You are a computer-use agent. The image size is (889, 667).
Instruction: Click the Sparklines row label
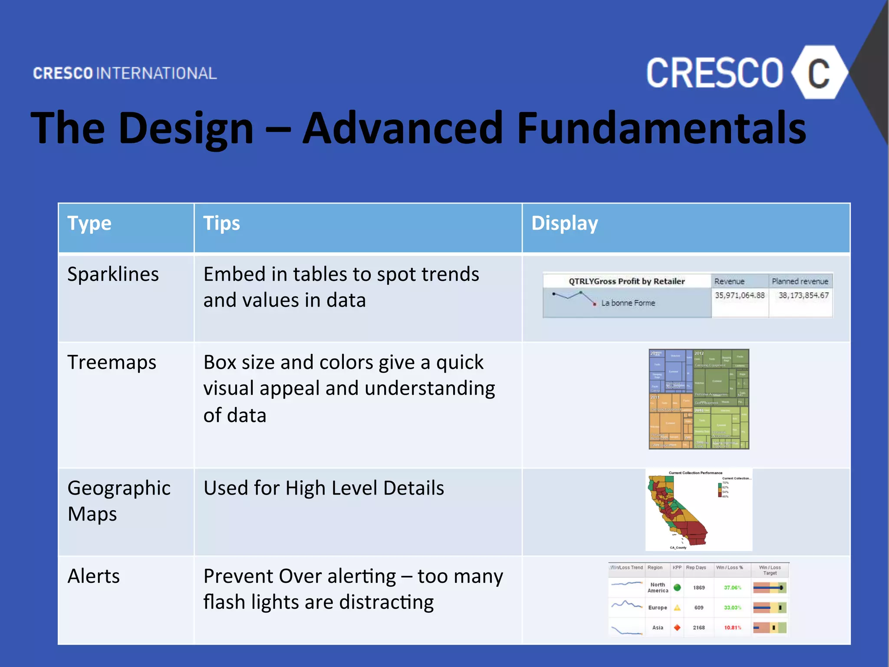point(113,274)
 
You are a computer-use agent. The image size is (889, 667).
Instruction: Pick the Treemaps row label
point(112,363)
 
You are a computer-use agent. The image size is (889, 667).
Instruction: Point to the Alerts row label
point(93,577)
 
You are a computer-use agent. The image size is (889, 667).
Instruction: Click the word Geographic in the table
point(119,488)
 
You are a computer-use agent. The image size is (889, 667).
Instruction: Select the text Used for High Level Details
point(323,488)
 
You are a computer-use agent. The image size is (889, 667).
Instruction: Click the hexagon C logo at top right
point(819,73)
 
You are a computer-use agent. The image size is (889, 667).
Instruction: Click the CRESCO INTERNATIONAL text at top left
point(125,73)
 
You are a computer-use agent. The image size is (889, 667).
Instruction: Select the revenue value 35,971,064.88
point(740,296)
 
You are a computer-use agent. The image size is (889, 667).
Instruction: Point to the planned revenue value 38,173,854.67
point(803,296)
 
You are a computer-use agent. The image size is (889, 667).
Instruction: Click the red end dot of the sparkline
point(595,304)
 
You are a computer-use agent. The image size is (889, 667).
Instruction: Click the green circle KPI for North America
point(677,588)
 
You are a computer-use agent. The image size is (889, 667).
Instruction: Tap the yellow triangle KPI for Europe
point(677,608)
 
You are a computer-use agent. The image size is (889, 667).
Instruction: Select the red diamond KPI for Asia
point(677,628)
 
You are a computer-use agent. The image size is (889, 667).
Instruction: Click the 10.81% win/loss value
point(732,628)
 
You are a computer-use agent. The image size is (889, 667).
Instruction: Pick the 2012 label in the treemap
point(699,353)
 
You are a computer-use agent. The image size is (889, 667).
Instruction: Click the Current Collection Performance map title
point(695,473)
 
